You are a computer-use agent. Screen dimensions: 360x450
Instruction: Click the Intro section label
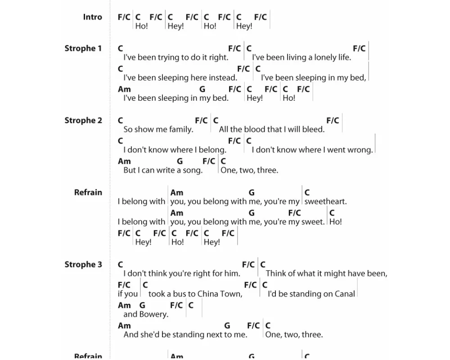[x=92, y=17]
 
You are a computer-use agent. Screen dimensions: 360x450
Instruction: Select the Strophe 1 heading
[x=83, y=49]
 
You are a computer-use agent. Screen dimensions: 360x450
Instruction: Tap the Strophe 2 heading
[x=83, y=121]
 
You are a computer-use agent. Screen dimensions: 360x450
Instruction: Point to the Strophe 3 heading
[x=83, y=265]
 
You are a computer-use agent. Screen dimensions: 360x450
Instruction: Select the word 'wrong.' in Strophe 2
[x=360, y=150]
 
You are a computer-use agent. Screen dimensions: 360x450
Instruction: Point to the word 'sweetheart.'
[x=325, y=202]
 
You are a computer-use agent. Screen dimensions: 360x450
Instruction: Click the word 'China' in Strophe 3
[x=208, y=294]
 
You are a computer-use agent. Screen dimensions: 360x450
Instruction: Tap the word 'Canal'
[x=345, y=294]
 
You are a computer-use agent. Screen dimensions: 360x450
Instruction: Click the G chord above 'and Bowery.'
[x=142, y=305]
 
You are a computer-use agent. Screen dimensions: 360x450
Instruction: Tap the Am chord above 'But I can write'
[x=124, y=161]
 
